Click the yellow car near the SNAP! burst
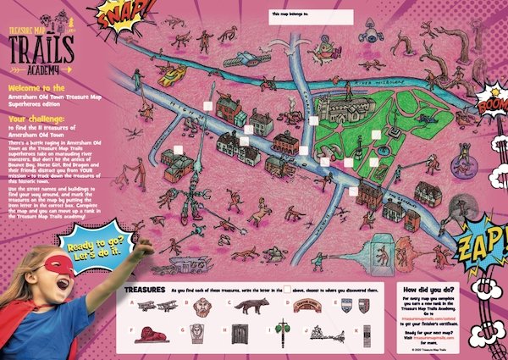pos(174,75)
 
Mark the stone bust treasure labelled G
pos(202,332)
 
